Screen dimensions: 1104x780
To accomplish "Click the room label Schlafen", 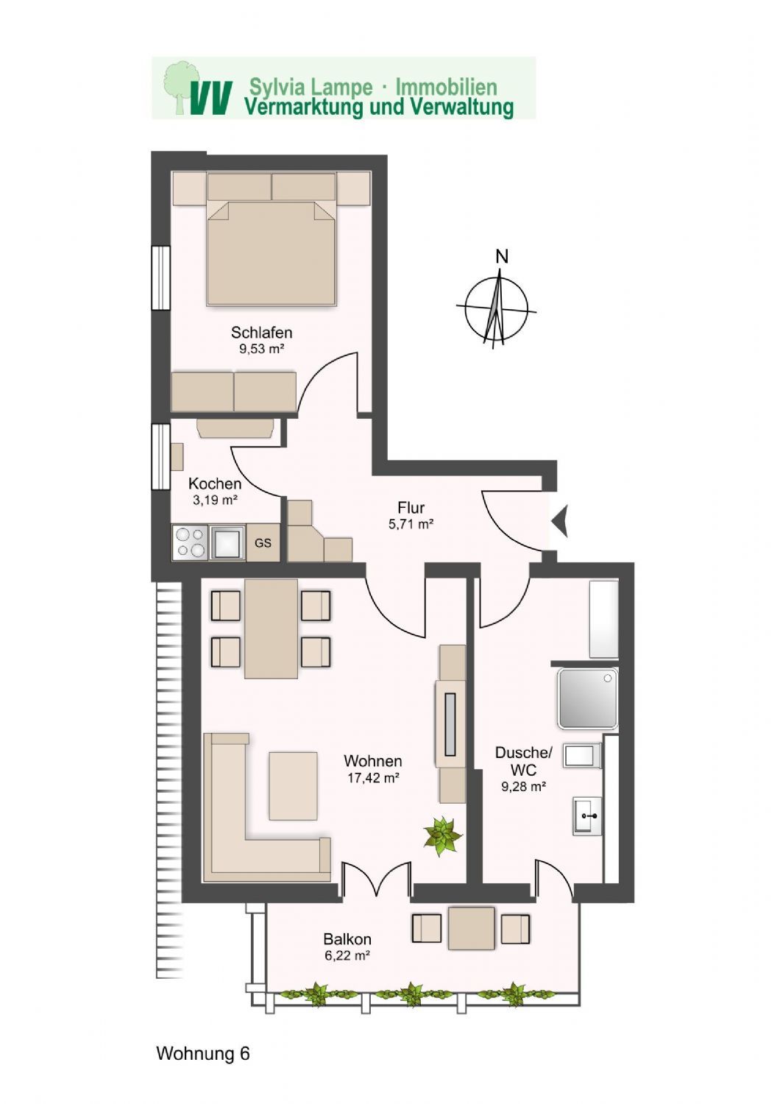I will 261,332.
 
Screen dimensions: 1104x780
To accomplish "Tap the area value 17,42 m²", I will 373,777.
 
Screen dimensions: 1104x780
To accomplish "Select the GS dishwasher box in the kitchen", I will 263,543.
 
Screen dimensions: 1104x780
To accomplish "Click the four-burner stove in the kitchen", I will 191,543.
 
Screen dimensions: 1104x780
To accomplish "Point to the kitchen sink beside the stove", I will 227,543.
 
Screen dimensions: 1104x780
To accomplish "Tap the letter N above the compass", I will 502,257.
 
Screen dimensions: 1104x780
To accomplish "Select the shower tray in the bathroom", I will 586,698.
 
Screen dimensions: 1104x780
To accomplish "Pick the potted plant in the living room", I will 443,837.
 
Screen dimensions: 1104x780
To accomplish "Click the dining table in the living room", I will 271,629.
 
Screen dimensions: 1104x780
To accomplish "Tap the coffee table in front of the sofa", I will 293,785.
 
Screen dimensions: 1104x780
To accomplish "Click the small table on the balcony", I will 471,929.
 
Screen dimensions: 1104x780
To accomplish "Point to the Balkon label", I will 347,940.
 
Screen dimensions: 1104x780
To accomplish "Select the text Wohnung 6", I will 203,1054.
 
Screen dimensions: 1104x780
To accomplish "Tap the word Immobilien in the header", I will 446,87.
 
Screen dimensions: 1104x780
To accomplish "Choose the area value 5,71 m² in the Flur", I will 411,524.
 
